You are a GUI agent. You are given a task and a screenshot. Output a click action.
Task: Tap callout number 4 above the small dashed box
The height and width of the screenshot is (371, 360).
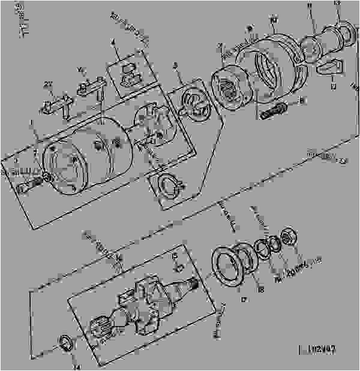[x=112, y=43]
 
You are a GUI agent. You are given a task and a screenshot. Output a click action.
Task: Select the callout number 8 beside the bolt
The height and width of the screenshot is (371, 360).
[x=302, y=101]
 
